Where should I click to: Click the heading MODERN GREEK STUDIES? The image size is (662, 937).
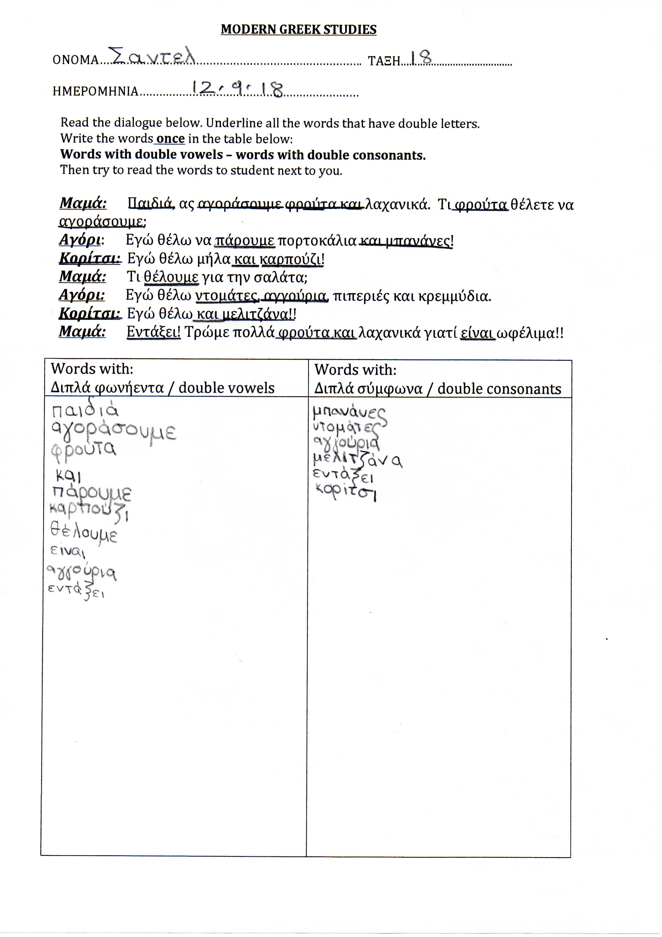pos(298,29)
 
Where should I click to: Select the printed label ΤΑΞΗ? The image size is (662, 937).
pos(384,61)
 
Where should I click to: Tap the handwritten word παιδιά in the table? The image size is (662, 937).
pos(85,410)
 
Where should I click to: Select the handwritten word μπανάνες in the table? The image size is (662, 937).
pos(349,413)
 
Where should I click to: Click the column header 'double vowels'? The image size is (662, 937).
pos(226,388)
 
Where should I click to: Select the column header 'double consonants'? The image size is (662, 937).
pos(499,389)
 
